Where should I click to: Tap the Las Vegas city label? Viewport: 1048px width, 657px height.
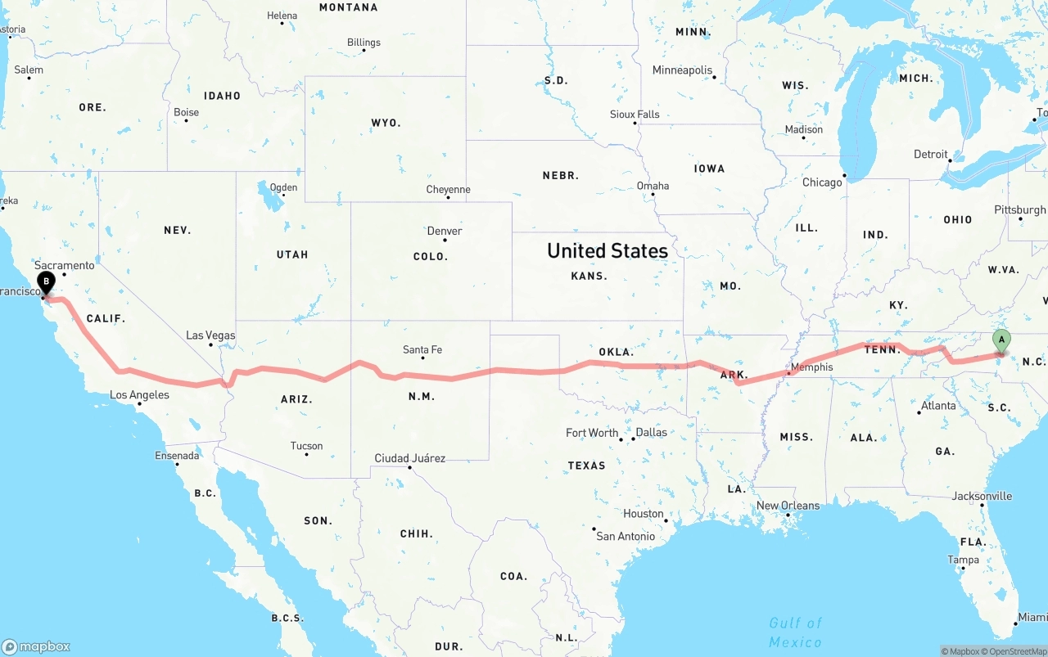pos(210,335)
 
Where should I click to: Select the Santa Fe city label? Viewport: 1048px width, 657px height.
pos(422,350)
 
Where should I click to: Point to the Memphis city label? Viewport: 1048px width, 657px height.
pos(811,367)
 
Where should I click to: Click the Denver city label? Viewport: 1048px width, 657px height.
pos(445,232)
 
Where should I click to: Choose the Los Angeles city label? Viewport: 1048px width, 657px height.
pos(139,395)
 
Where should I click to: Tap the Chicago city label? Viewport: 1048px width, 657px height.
pos(822,182)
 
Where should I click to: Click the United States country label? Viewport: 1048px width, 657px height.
pos(608,251)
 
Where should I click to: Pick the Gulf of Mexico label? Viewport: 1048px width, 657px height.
pos(795,632)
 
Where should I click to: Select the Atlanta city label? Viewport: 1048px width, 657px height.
pos(938,406)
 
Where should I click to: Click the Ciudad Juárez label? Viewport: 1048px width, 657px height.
pos(409,458)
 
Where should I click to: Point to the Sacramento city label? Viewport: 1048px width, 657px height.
pos(65,266)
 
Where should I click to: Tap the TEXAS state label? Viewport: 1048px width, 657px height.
pos(586,466)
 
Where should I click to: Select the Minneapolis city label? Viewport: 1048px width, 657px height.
pos(682,70)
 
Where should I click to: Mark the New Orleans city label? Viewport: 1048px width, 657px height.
pos(788,506)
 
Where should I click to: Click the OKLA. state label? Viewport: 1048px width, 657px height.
pos(616,353)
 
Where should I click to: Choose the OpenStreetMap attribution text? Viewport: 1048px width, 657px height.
pos(1018,651)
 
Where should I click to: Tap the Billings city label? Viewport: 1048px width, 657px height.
pos(364,43)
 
